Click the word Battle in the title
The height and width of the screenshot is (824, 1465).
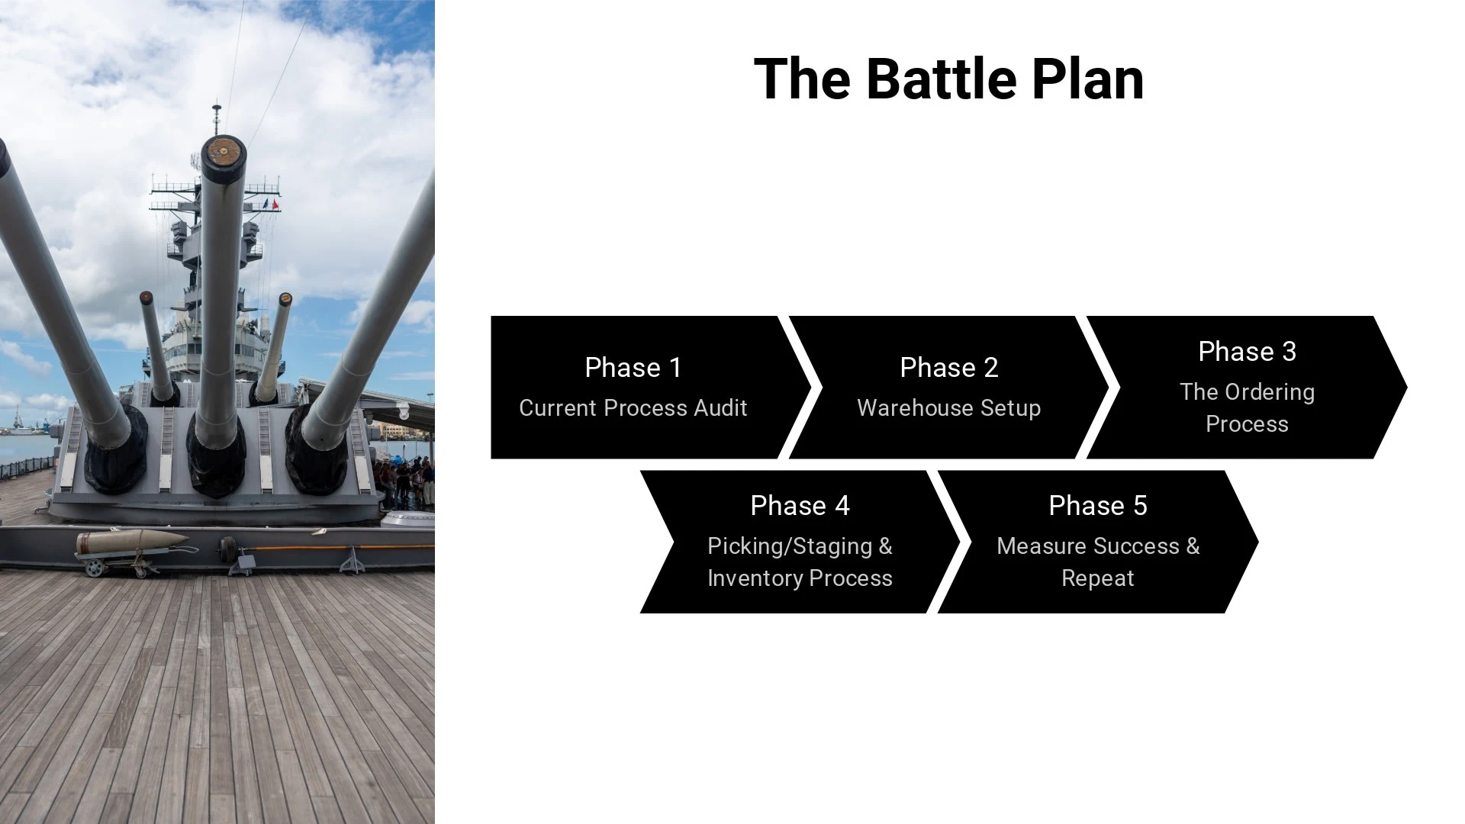[x=942, y=79]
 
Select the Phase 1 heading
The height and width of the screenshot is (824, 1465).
[x=633, y=368]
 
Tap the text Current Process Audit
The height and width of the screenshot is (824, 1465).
[x=633, y=408]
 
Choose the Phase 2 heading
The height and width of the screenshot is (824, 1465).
[x=949, y=368]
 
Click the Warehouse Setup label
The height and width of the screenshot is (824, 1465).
[x=949, y=408]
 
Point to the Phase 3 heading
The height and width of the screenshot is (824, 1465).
[x=1248, y=352]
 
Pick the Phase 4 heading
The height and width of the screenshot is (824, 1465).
[x=800, y=506]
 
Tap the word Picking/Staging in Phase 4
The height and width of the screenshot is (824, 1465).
[x=790, y=546]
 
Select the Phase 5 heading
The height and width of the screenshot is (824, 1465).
[x=1098, y=506]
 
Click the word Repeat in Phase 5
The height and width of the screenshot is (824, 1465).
[x=1098, y=578]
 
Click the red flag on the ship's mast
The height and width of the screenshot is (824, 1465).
[x=275, y=204]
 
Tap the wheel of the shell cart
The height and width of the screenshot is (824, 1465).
[x=94, y=568]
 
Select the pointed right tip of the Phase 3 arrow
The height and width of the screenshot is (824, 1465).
[x=1407, y=388]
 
